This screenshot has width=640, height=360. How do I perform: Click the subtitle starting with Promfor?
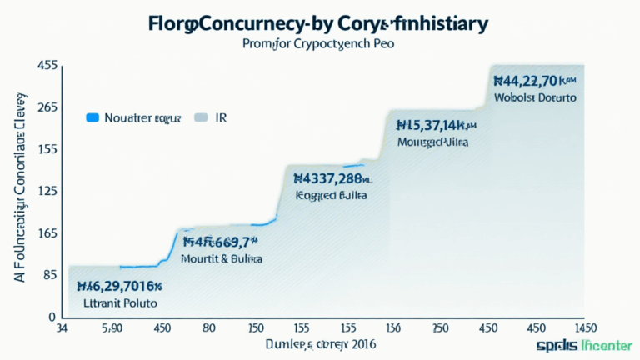coord(320,44)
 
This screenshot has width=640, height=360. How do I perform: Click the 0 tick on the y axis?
coord(52,317)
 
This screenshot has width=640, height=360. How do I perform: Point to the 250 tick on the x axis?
coord(440,328)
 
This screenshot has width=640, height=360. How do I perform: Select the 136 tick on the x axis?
coord(393,328)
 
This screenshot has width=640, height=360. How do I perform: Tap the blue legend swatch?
coord(92,118)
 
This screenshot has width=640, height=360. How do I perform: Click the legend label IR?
coord(222,118)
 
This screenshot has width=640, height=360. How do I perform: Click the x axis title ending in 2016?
coord(321,344)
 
